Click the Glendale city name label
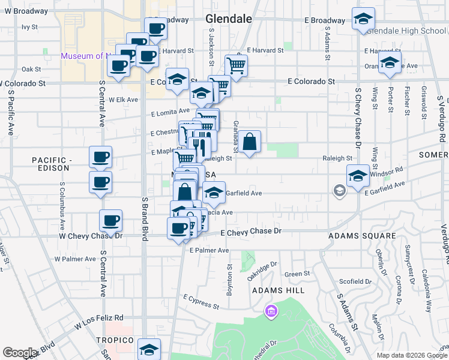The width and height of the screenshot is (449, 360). (228, 19)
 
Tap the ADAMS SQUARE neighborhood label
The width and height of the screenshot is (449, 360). (361, 236)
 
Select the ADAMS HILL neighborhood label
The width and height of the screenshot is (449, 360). (278, 290)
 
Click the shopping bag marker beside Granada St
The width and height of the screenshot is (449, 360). (251, 143)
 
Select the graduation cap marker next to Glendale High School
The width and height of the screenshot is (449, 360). (363, 20)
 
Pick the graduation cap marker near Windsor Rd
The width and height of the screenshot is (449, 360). (358, 176)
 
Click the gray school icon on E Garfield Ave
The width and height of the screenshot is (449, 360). (340, 191)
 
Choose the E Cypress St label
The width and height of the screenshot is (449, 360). (202, 302)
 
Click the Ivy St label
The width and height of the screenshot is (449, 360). (29, 27)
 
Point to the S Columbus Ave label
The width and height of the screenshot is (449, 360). (62, 210)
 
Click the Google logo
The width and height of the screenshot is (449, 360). (20, 352)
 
